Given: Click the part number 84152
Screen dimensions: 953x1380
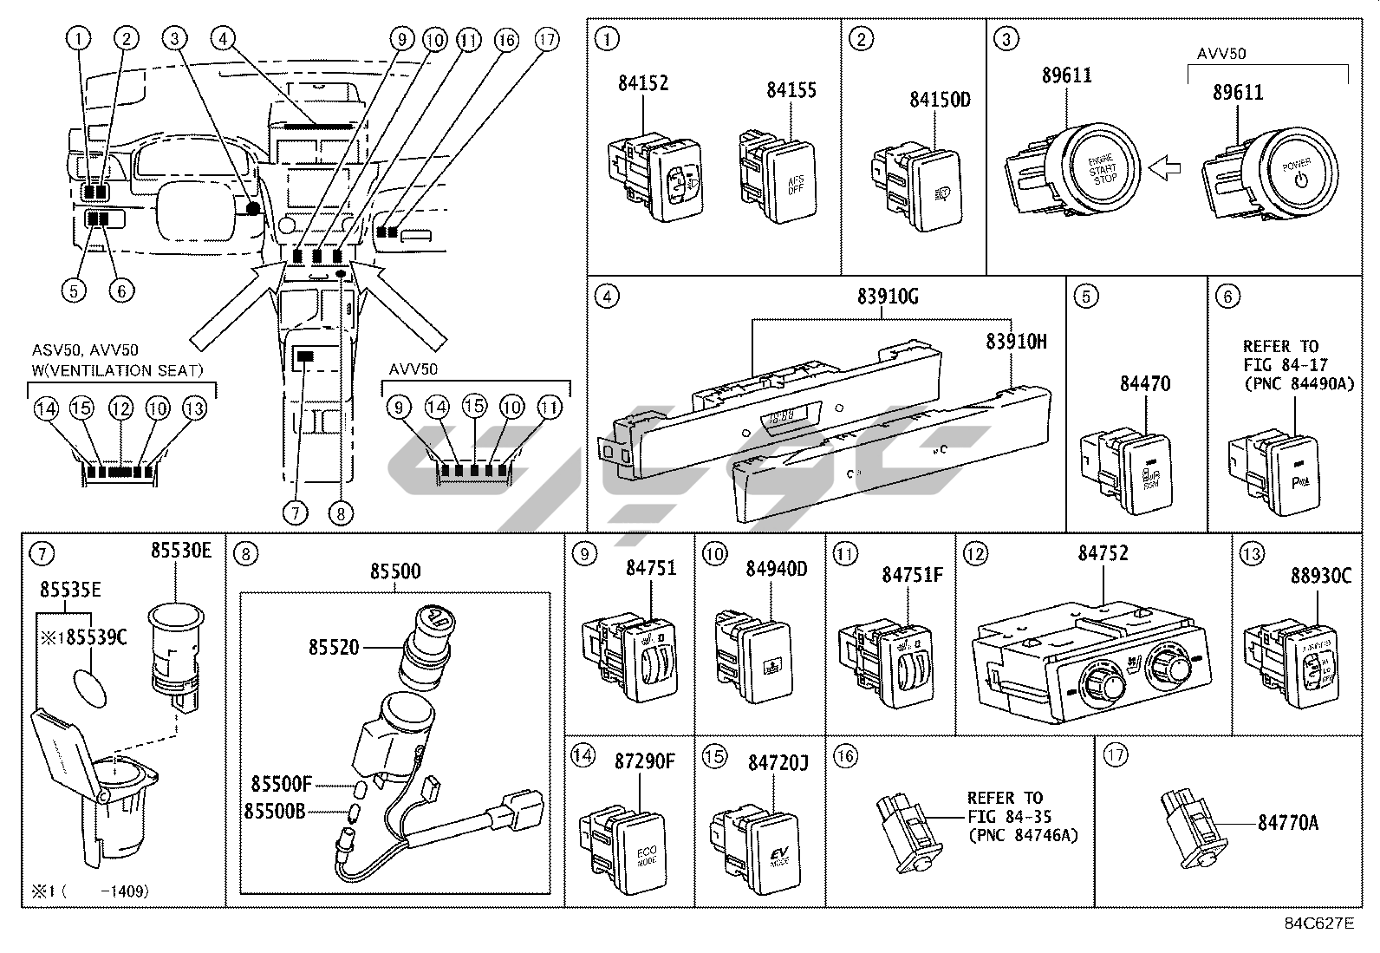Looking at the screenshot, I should pos(643,83).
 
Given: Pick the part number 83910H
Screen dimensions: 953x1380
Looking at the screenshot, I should pos(1015,342).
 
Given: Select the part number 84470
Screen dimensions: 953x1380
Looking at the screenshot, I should pos(1144,382).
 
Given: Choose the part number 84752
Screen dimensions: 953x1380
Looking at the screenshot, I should pos(1103,553).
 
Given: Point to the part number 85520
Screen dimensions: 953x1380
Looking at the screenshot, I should pos(333,646).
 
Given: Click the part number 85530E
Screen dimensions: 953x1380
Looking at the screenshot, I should pos(180,550).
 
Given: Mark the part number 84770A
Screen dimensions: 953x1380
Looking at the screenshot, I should pos(1288,822).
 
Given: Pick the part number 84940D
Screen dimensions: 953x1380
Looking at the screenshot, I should pos(776,569).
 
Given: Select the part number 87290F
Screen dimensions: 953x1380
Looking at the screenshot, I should pos(644,761).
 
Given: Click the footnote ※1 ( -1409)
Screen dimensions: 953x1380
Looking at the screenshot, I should pos(90,889).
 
